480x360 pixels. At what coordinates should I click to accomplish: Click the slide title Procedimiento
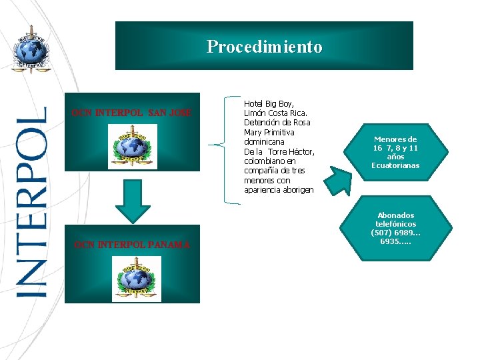tap(264, 47)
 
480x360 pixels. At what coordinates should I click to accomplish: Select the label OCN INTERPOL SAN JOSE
tap(132, 112)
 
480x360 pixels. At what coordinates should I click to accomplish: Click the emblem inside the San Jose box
tap(132, 147)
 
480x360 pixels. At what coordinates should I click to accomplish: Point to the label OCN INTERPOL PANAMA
tap(132, 245)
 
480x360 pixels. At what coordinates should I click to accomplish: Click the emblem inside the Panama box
tap(135, 279)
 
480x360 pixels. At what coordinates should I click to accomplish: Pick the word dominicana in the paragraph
tap(264, 142)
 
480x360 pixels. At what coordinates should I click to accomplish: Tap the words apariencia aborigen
tap(279, 190)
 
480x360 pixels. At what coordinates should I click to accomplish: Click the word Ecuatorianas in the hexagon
tap(395, 165)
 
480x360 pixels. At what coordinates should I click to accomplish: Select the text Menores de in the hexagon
tap(395, 139)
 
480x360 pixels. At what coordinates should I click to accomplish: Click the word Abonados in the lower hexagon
tap(395, 215)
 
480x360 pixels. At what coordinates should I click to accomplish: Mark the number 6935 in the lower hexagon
tap(391, 241)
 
